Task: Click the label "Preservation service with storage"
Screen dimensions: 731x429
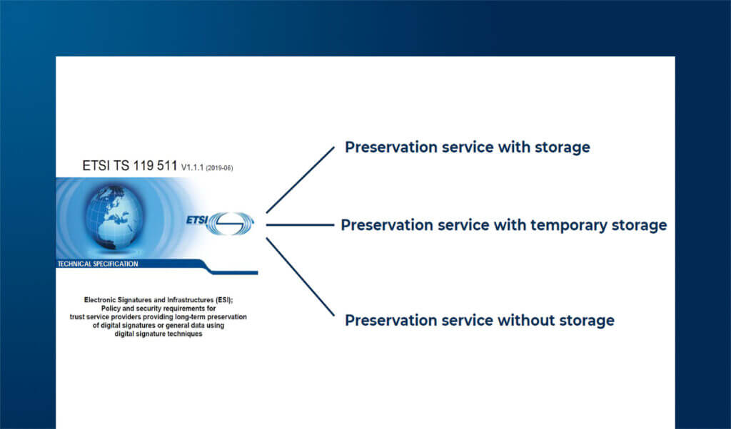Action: click(x=467, y=148)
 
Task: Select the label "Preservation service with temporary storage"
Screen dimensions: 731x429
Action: click(x=503, y=226)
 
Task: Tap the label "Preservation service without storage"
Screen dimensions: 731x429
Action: click(x=479, y=321)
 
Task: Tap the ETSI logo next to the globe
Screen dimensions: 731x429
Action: click(x=220, y=223)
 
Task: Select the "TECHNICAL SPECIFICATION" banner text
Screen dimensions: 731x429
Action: click(x=98, y=264)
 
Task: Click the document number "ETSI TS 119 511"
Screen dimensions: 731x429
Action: click(x=130, y=165)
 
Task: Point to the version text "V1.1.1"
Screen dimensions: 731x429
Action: click(x=192, y=167)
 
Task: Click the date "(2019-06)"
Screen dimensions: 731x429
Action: click(x=219, y=168)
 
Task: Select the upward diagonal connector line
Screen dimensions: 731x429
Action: click(x=301, y=180)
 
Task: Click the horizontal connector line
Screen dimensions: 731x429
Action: click(x=301, y=224)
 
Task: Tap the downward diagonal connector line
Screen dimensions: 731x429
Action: click(x=301, y=276)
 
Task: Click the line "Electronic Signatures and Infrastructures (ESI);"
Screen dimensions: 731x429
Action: click(x=158, y=300)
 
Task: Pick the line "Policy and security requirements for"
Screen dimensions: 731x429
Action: click(x=158, y=309)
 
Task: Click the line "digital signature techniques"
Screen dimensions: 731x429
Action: click(x=158, y=334)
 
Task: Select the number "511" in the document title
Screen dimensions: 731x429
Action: click(x=167, y=165)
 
